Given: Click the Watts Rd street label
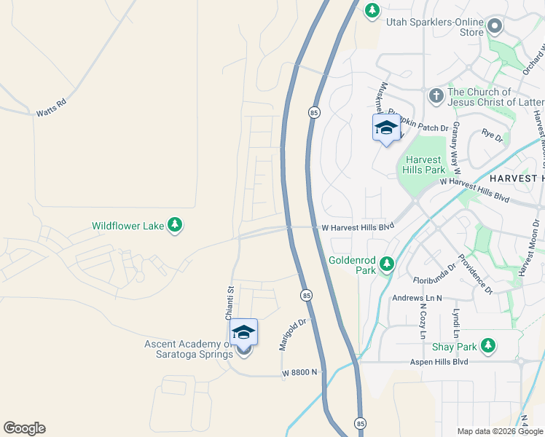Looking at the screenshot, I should [51, 108].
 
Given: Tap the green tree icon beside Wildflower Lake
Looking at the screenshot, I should [175, 226].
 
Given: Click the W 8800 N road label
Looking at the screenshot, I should [302, 372].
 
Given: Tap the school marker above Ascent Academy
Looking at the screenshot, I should [243, 333].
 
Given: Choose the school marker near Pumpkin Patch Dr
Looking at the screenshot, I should [386, 128].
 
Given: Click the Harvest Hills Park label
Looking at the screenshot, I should [423, 165].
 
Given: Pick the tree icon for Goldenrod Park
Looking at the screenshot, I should [386, 264].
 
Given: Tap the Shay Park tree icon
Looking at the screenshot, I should [489, 345].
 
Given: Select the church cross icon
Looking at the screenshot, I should [436, 95].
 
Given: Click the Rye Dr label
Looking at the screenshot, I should [493, 135].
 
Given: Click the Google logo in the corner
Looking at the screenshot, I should [24, 428].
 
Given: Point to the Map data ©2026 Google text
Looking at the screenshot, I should [500, 431].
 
